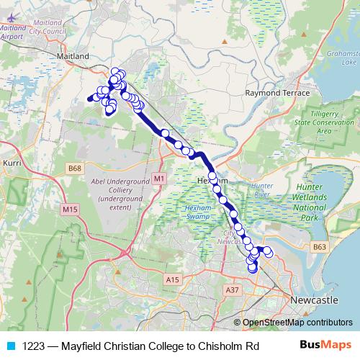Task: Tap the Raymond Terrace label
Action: click(x=270, y=94)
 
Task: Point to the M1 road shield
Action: click(x=159, y=177)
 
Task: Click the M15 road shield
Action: click(x=70, y=209)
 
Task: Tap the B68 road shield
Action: click(x=75, y=168)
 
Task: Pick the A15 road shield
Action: click(x=171, y=279)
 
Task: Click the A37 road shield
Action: click(x=232, y=289)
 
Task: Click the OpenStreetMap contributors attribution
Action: click(x=296, y=323)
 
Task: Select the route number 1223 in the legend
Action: click(x=33, y=346)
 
